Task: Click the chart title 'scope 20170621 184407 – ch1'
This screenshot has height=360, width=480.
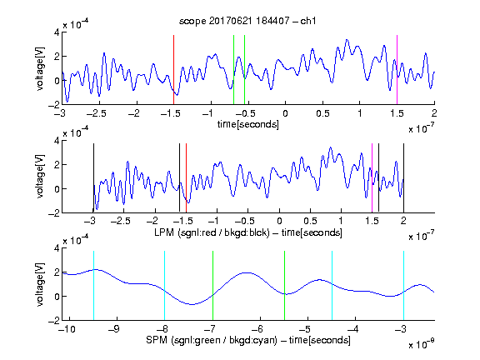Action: (x=247, y=21)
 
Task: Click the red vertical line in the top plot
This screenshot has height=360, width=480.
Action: (x=173, y=70)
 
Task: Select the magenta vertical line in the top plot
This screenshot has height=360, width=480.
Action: (x=397, y=70)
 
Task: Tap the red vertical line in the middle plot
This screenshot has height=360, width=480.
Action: (x=186, y=177)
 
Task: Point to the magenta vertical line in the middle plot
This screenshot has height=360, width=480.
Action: (x=372, y=177)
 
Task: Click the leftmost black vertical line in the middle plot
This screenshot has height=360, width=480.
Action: (x=93, y=177)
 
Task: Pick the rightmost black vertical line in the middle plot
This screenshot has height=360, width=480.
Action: (x=403, y=177)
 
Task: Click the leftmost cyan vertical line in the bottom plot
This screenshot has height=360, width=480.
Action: (x=93, y=286)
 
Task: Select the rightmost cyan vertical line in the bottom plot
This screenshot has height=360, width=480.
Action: (x=403, y=286)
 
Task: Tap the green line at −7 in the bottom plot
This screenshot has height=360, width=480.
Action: (x=212, y=286)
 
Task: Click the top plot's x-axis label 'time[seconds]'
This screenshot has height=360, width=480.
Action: (x=248, y=124)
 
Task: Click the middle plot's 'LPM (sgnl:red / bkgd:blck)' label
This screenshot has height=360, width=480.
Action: (x=212, y=232)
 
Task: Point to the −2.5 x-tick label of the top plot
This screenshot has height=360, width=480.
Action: (x=96, y=113)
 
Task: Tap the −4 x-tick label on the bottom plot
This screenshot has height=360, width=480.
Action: (x=352, y=329)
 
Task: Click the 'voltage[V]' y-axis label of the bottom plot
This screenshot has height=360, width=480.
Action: (x=40, y=284)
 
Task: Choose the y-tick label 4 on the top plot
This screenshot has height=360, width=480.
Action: (x=57, y=32)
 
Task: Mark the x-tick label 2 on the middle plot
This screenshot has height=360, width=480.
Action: (x=403, y=221)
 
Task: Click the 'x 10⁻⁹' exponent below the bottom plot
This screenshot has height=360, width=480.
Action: (x=422, y=344)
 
